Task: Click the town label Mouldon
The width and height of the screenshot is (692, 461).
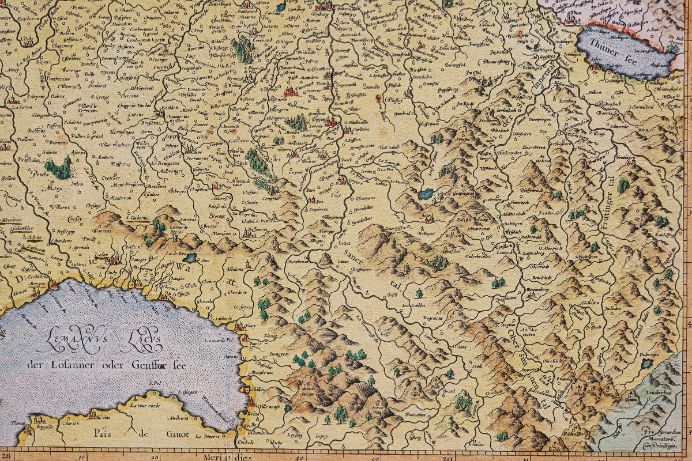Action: tap(170, 108)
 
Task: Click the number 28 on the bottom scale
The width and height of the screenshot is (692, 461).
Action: tap(6, 456)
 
